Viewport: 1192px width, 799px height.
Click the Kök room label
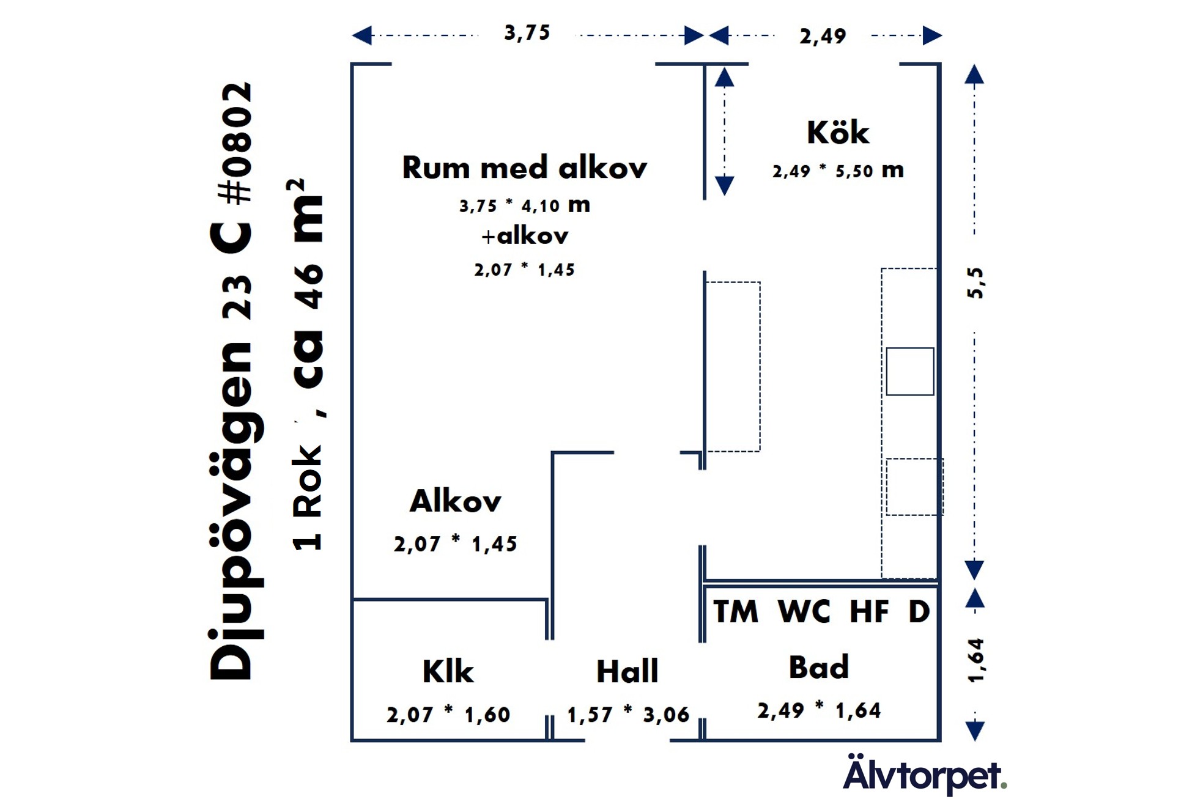pos(837,133)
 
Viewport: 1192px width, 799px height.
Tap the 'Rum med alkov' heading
pos(524,168)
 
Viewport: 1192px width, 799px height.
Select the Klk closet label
pos(448,671)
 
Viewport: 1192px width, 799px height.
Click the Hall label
pos(627,671)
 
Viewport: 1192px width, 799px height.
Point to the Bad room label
pos(818,667)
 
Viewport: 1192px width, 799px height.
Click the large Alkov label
pos(455,501)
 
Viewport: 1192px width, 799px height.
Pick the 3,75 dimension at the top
pos(527,32)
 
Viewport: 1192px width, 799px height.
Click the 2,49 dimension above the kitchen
pos(823,36)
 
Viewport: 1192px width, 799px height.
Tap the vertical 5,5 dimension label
pos(975,282)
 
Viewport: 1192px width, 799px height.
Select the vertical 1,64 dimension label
pos(976,660)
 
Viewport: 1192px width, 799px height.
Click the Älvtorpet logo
pos(924,775)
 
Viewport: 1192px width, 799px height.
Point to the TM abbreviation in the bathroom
pos(736,611)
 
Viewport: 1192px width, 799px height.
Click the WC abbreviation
pos(804,611)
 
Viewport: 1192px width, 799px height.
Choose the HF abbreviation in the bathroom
pos(869,611)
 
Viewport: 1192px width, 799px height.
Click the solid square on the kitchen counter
pos(909,371)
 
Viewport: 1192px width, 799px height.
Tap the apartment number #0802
pos(235,143)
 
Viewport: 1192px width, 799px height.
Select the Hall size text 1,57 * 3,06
pos(628,714)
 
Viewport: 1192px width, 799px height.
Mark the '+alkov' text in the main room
pos(525,236)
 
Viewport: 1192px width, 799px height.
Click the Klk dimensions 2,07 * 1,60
pos(448,714)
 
